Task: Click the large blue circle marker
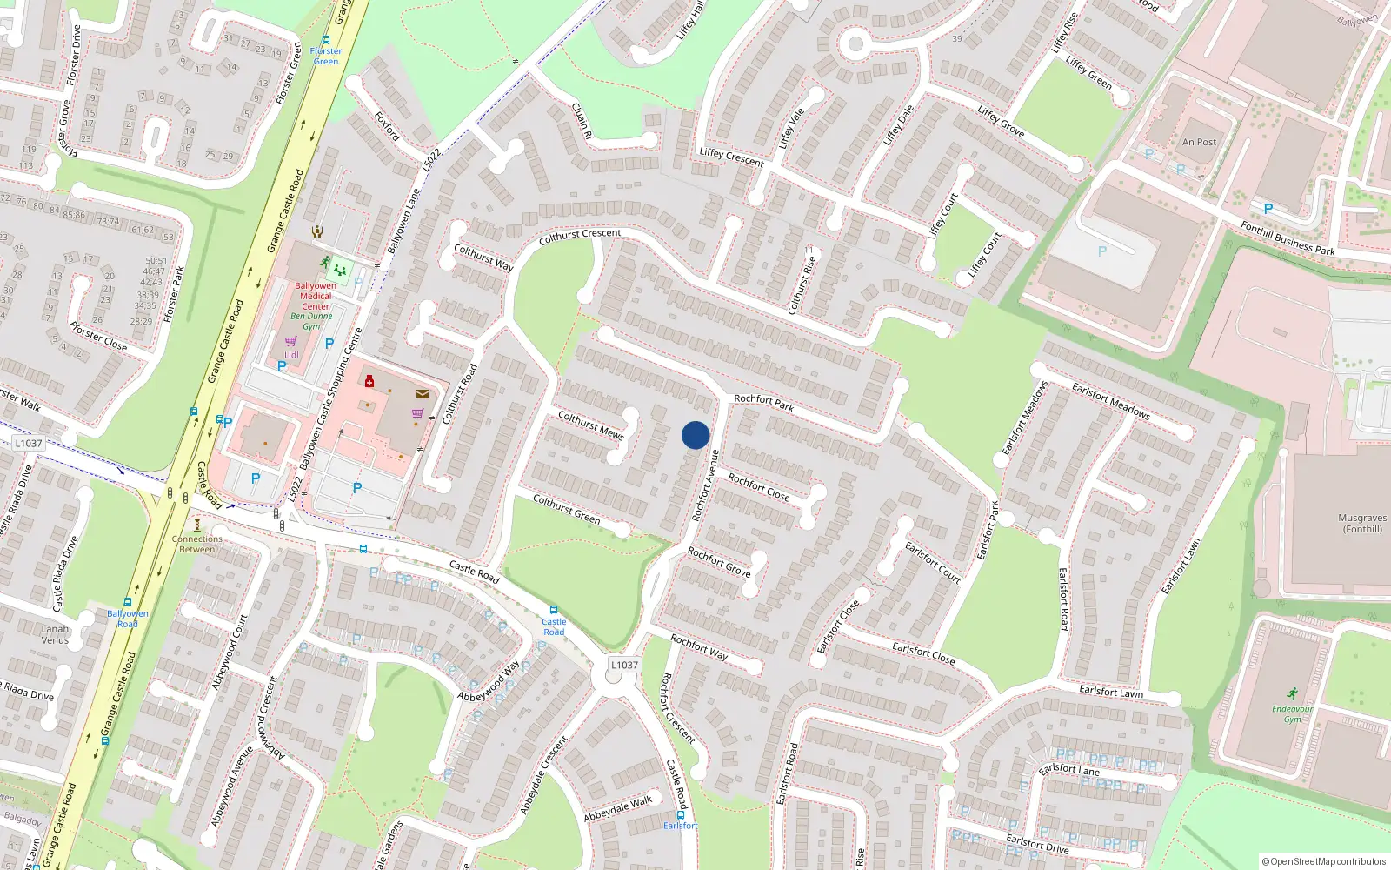(x=695, y=435)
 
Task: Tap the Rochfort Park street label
(x=763, y=402)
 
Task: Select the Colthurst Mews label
(x=590, y=425)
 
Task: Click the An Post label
(x=1199, y=142)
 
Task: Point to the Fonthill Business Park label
(x=1288, y=238)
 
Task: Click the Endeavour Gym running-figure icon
(x=1292, y=694)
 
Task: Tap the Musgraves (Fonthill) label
(x=1362, y=523)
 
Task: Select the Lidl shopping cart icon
(x=291, y=342)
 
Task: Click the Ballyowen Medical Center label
(x=316, y=296)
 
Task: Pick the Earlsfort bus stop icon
(x=681, y=815)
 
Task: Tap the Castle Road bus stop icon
(x=554, y=610)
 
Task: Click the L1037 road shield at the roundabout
(x=624, y=665)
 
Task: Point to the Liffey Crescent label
(x=731, y=157)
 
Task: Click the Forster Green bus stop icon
(x=326, y=40)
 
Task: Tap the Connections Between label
(x=197, y=544)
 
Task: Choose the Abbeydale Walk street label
(x=618, y=809)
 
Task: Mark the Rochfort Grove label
(x=719, y=562)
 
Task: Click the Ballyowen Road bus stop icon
(x=128, y=602)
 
